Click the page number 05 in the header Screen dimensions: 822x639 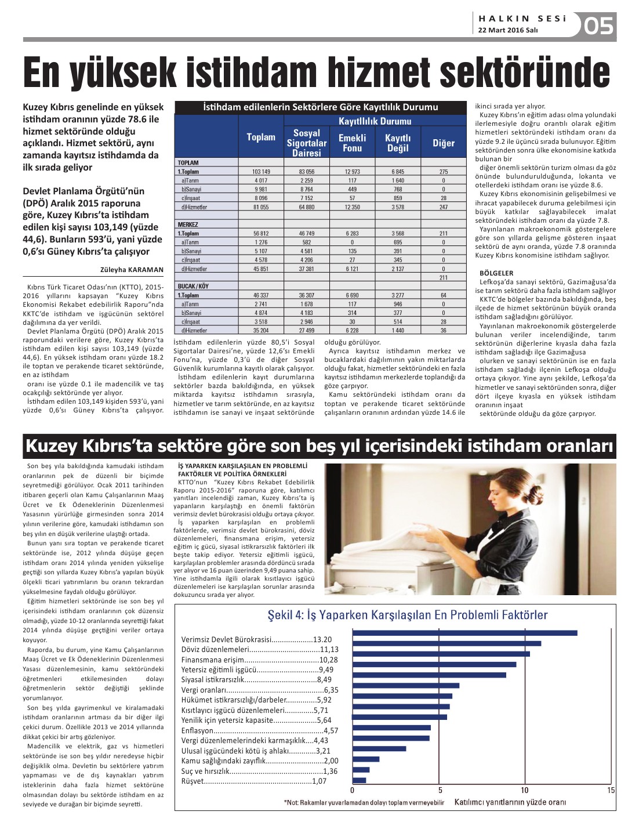pos(598,26)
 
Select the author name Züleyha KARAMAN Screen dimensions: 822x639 pos(132,269)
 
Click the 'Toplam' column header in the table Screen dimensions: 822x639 pos(261,137)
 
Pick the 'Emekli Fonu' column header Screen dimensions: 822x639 pos(352,143)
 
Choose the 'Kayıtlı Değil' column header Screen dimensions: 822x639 pos(398,143)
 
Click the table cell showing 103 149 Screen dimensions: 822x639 pos(261,172)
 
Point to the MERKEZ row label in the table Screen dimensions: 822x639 pos(188,224)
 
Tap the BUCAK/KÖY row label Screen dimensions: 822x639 pos(193,286)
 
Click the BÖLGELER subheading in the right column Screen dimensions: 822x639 pos(496,273)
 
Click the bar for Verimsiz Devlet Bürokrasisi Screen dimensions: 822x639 pos(464,633)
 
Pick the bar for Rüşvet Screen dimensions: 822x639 pos(360,780)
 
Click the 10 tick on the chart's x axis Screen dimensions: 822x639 pos(525,790)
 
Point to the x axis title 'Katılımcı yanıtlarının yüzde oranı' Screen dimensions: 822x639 pos(510,802)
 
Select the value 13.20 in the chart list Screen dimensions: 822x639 pos(322,639)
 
